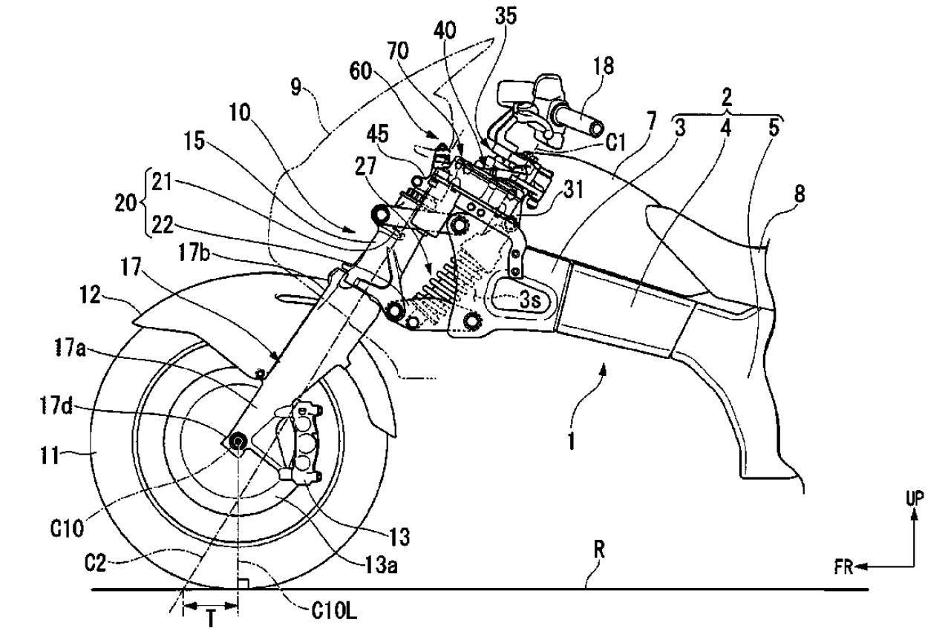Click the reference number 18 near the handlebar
(x=603, y=66)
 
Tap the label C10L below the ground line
(x=334, y=611)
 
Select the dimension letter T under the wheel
(x=211, y=620)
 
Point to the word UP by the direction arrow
(x=915, y=499)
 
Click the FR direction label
(x=843, y=567)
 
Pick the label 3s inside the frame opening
(x=530, y=300)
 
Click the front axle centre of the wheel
(x=237, y=442)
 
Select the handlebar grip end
(x=596, y=128)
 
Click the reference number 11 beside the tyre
(x=50, y=457)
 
